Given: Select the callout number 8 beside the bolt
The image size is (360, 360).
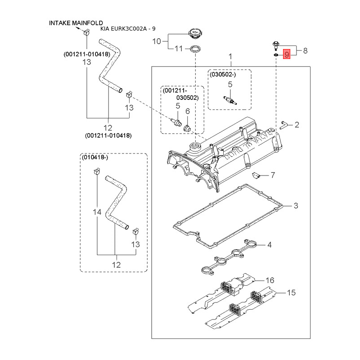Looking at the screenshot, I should tap(305, 51).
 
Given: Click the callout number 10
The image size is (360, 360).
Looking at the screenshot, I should tap(156, 41).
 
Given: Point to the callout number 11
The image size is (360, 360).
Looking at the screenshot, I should tap(178, 49).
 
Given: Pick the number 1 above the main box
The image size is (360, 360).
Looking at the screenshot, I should tap(230, 57).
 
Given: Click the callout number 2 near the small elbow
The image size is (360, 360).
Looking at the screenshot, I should tap(297, 125).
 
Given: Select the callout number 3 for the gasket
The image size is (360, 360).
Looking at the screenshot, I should tap(296, 206).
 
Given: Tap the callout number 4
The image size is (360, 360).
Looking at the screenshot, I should tap(269, 245).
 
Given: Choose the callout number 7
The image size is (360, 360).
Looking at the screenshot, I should tap(273, 174).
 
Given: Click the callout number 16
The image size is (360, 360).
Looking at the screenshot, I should tap(270, 280).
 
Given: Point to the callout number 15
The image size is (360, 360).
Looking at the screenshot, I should tap(291, 293).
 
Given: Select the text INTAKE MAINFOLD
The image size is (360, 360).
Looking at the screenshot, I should tap(76, 22).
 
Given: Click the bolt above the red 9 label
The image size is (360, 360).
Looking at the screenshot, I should tap(274, 45).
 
